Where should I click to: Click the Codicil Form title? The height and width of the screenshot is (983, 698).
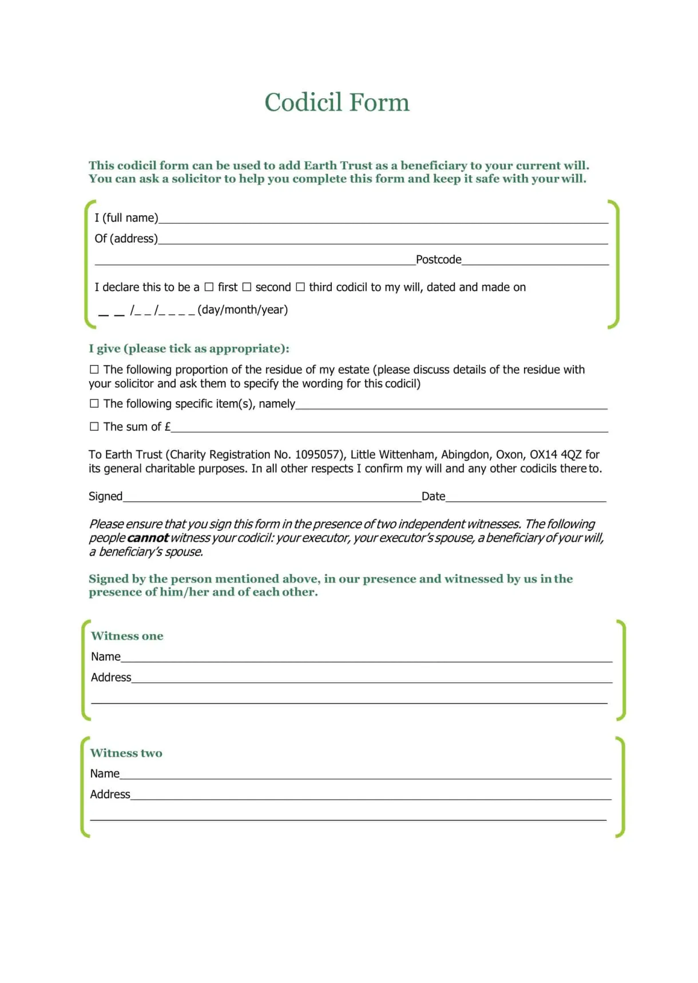coord(336,102)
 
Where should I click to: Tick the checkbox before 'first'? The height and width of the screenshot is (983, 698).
coord(209,287)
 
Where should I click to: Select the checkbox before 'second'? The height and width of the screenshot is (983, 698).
coord(247,287)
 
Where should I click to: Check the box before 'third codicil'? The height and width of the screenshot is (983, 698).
coord(300,287)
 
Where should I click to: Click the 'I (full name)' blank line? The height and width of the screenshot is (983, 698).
coord(383,219)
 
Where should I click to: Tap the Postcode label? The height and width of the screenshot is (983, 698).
coord(438,260)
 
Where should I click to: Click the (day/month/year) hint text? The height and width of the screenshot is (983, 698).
coord(243,310)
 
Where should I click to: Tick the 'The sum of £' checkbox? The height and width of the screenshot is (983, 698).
coord(94,426)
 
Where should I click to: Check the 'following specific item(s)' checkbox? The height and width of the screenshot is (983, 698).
coord(94,403)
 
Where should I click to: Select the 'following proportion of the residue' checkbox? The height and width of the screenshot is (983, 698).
coord(94,369)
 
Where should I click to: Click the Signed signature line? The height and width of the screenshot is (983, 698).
coord(272,497)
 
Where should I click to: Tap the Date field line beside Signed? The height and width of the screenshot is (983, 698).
coord(525,497)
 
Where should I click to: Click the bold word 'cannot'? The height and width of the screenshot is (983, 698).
coord(148,538)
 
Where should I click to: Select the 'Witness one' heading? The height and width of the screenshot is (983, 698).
coord(127,636)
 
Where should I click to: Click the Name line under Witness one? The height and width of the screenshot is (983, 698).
coord(366,657)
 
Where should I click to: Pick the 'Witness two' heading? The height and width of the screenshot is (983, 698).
coord(126,753)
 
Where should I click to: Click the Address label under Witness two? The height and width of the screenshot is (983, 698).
coord(110,794)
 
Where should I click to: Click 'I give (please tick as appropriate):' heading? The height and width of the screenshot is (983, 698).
coord(189,348)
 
